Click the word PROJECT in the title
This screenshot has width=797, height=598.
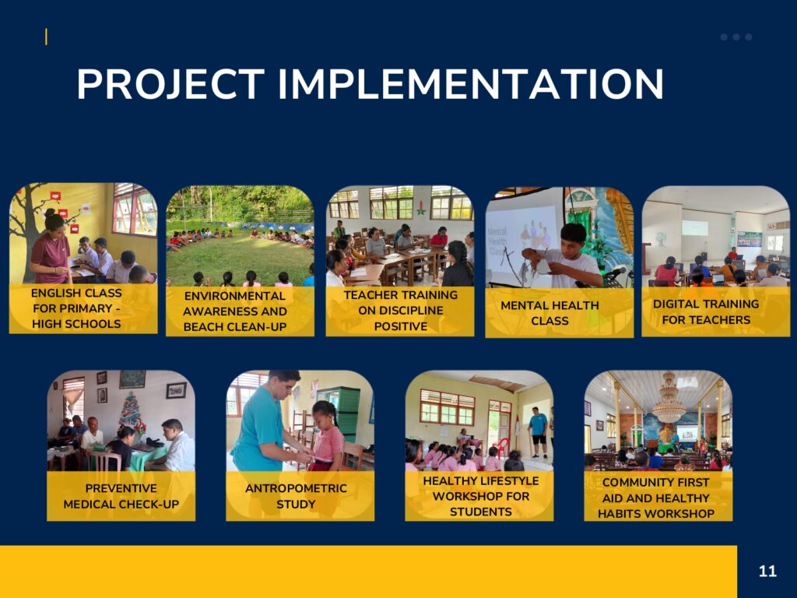pyautogui.click(x=170, y=84)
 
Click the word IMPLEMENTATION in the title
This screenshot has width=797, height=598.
pyautogui.click(x=471, y=84)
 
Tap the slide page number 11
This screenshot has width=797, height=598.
pyautogui.click(x=767, y=571)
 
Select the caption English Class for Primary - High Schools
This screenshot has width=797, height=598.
pyautogui.click(x=76, y=308)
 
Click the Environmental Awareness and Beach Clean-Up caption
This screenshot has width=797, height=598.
pyautogui.click(x=235, y=311)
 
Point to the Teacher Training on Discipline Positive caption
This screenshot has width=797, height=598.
pyautogui.click(x=401, y=310)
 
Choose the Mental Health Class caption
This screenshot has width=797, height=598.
pyautogui.click(x=549, y=313)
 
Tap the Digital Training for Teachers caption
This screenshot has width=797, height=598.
pyautogui.click(x=706, y=311)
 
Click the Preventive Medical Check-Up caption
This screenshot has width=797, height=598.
pyautogui.click(x=121, y=496)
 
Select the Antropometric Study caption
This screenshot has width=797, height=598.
pyautogui.click(x=296, y=496)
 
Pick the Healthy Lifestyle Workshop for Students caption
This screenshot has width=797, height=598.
pyautogui.click(x=480, y=496)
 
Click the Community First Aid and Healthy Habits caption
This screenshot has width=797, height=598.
pyautogui.click(x=655, y=498)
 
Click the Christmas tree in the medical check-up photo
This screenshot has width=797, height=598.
pyautogui.click(x=131, y=413)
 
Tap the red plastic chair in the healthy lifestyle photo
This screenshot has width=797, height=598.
pyautogui.click(x=501, y=448)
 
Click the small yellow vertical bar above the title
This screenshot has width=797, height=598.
pyautogui.click(x=46, y=37)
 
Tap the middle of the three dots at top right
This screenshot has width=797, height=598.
pyautogui.click(x=736, y=37)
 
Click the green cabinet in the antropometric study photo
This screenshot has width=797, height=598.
pyautogui.click(x=342, y=413)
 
